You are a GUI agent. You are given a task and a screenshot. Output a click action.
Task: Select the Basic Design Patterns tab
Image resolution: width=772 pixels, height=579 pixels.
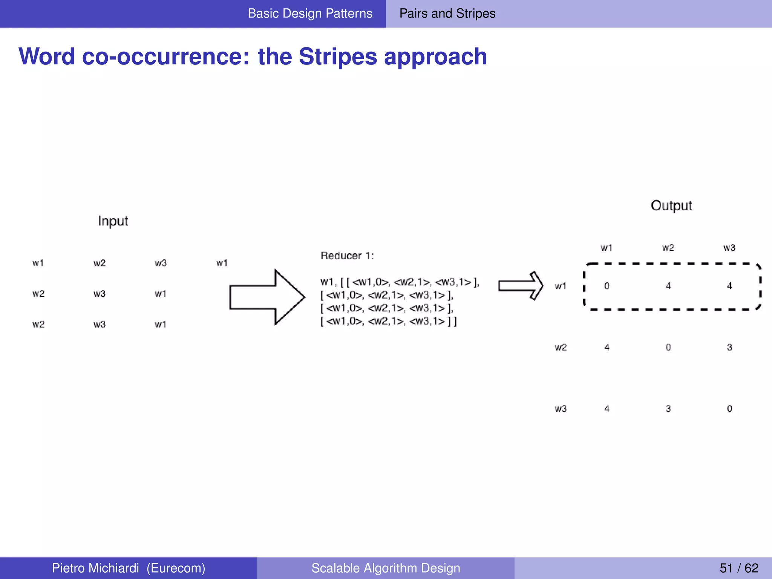tap(310, 14)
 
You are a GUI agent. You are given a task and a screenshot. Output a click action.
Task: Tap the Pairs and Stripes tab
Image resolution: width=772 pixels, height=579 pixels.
tap(447, 14)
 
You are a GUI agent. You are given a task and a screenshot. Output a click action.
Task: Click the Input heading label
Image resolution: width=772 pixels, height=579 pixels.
tap(113, 221)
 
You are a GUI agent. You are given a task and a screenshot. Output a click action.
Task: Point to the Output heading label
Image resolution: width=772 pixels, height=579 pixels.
tap(671, 206)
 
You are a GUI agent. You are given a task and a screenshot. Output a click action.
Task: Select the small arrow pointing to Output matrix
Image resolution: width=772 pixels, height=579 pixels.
tap(521, 286)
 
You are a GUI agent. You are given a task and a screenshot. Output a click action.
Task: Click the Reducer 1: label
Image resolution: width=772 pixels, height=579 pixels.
tap(347, 256)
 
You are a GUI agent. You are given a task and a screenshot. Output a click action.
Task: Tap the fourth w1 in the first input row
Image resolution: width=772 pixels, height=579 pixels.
tap(222, 263)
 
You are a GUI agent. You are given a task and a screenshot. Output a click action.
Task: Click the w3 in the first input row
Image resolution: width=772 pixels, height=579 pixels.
tap(161, 263)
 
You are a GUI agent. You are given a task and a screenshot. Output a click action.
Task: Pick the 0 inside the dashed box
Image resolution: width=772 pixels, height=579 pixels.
tap(607, 286)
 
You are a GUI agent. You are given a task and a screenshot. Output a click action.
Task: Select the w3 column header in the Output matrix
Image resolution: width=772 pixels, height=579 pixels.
tap(729, 248)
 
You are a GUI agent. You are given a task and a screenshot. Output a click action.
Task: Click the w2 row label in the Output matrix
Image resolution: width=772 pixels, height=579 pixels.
tap(561, 348)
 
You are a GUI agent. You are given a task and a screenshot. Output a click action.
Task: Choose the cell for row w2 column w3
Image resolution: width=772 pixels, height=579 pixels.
tap(729, 348)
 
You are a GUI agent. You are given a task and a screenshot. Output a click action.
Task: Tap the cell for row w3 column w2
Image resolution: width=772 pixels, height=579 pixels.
tap(668, 409)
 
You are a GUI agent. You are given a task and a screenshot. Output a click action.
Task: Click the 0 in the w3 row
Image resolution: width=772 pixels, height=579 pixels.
tap(729, 409)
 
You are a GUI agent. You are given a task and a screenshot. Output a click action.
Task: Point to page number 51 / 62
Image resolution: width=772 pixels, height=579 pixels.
tap(738, 568)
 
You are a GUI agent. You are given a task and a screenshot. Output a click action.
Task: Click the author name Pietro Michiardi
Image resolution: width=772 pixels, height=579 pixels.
tap(95, 568)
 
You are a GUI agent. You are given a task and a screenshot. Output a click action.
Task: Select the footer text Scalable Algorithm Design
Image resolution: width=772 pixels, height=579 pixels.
tap(386, 568)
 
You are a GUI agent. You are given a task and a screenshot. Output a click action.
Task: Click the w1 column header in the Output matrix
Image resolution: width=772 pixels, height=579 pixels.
tap(607, 248)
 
